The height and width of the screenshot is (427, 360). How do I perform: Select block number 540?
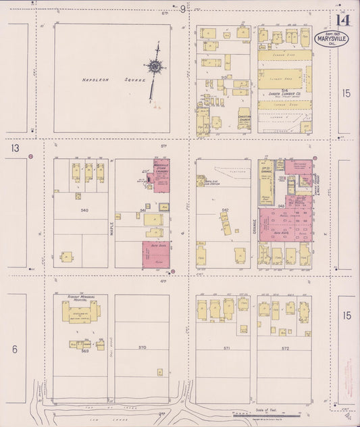click(84, 211)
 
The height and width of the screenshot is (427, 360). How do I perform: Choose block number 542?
click(224, 210)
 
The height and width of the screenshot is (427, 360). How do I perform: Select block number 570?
click(143, 347)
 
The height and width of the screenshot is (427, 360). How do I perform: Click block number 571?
click(227, 348)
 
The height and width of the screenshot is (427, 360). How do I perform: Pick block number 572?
click(286, 348)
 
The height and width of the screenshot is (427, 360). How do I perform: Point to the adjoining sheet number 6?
click(13, 349)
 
